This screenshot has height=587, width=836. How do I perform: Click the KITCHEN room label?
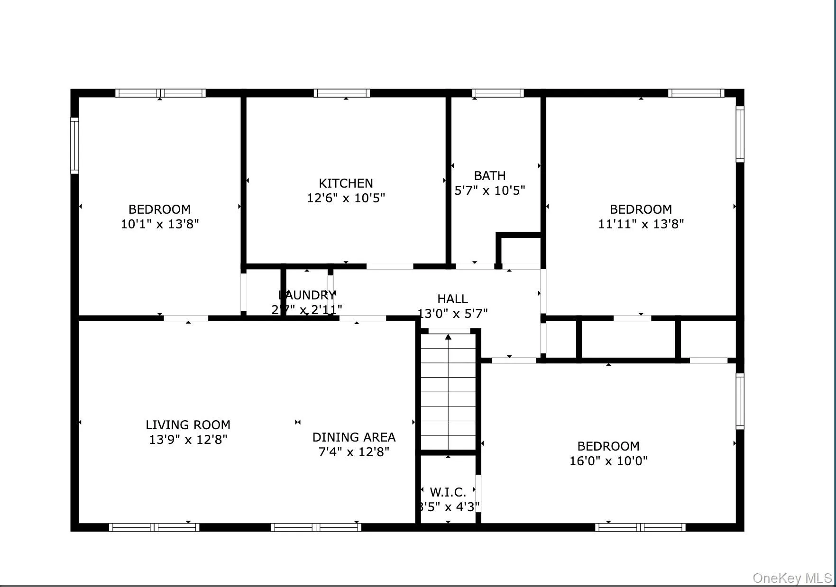[346, 183]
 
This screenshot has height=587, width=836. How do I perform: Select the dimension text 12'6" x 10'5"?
[346, 198]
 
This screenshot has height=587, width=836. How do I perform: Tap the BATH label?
[490, 176]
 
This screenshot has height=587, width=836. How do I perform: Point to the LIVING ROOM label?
[188, 425]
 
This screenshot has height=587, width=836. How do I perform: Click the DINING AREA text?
[354, 437]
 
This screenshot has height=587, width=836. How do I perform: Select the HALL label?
[452, 299]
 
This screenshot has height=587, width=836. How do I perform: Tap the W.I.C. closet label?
[448, 492]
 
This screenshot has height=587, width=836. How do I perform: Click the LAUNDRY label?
[307, 295]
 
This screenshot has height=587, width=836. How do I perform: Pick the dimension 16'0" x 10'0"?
[608, 461]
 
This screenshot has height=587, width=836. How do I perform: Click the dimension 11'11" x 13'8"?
[641, 224]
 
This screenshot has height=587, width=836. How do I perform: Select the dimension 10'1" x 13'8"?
[159, 224]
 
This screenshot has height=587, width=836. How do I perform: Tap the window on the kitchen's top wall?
[341, 93]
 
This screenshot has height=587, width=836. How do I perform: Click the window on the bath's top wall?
[498, 93]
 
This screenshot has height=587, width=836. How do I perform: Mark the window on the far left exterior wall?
[74, 145]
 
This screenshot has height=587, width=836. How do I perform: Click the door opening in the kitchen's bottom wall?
[390, 267]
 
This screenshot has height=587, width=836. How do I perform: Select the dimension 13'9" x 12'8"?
[188, 440]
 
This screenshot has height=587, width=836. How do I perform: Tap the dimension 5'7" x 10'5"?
[490, 190]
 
